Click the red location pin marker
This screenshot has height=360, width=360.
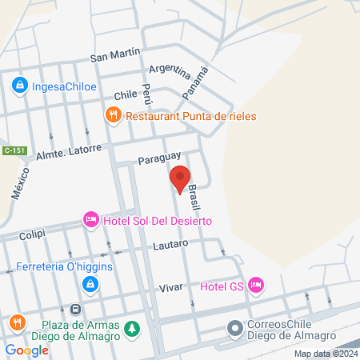click(x=180, y=178)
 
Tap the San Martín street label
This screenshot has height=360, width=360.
click(x=115, y=55)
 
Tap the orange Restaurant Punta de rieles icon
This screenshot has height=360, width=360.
click(x=113, y=116)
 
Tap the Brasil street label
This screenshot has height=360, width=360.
click(x=194, y=195)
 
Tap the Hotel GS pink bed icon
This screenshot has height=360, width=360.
click(x=256, y=284)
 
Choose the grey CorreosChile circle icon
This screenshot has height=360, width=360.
click(x=234, y=329)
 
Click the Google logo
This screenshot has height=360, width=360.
click(x=27, y=350)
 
